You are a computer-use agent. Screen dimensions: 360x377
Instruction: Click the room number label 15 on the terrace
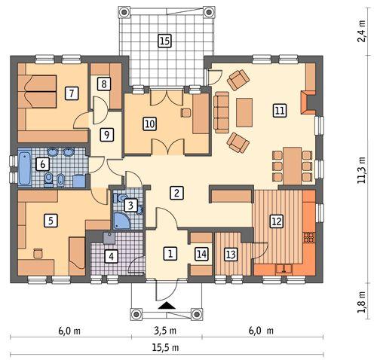click(164, 41)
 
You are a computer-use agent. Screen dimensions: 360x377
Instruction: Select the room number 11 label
click(280, 111)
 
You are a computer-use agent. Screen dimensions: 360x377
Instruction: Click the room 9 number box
click(107, 135)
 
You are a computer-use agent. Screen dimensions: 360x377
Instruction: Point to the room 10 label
click(149, 124)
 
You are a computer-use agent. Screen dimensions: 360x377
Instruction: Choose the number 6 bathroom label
click(43, 163)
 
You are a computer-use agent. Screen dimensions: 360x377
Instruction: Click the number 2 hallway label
click(176, 193)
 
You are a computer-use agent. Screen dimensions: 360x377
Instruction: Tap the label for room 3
click(130, 205)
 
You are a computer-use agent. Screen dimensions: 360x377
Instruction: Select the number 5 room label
click(51, 221)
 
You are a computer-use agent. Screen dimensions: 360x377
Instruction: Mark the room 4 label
click(112, 256)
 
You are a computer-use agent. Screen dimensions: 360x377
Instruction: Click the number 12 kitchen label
click(276, 221)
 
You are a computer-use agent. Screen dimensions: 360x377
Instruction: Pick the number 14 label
click(201, 254)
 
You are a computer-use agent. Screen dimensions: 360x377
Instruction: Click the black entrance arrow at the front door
click(168, 306)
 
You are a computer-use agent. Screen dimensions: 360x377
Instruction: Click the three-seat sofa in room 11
click(222, 111)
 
